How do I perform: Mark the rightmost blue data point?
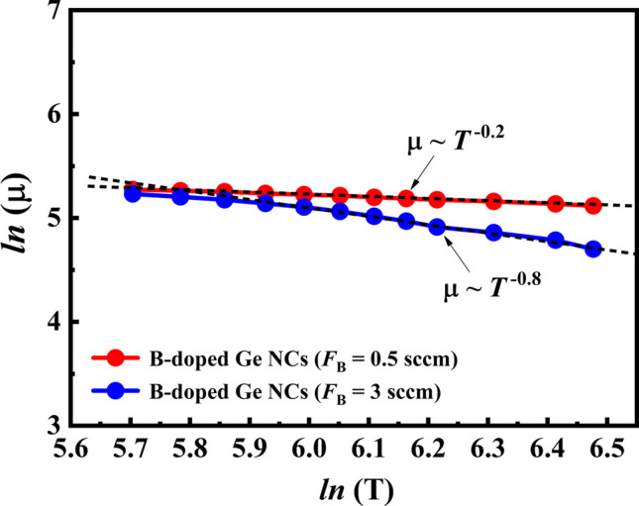(593, 250)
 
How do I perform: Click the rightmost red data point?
(593, 206)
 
